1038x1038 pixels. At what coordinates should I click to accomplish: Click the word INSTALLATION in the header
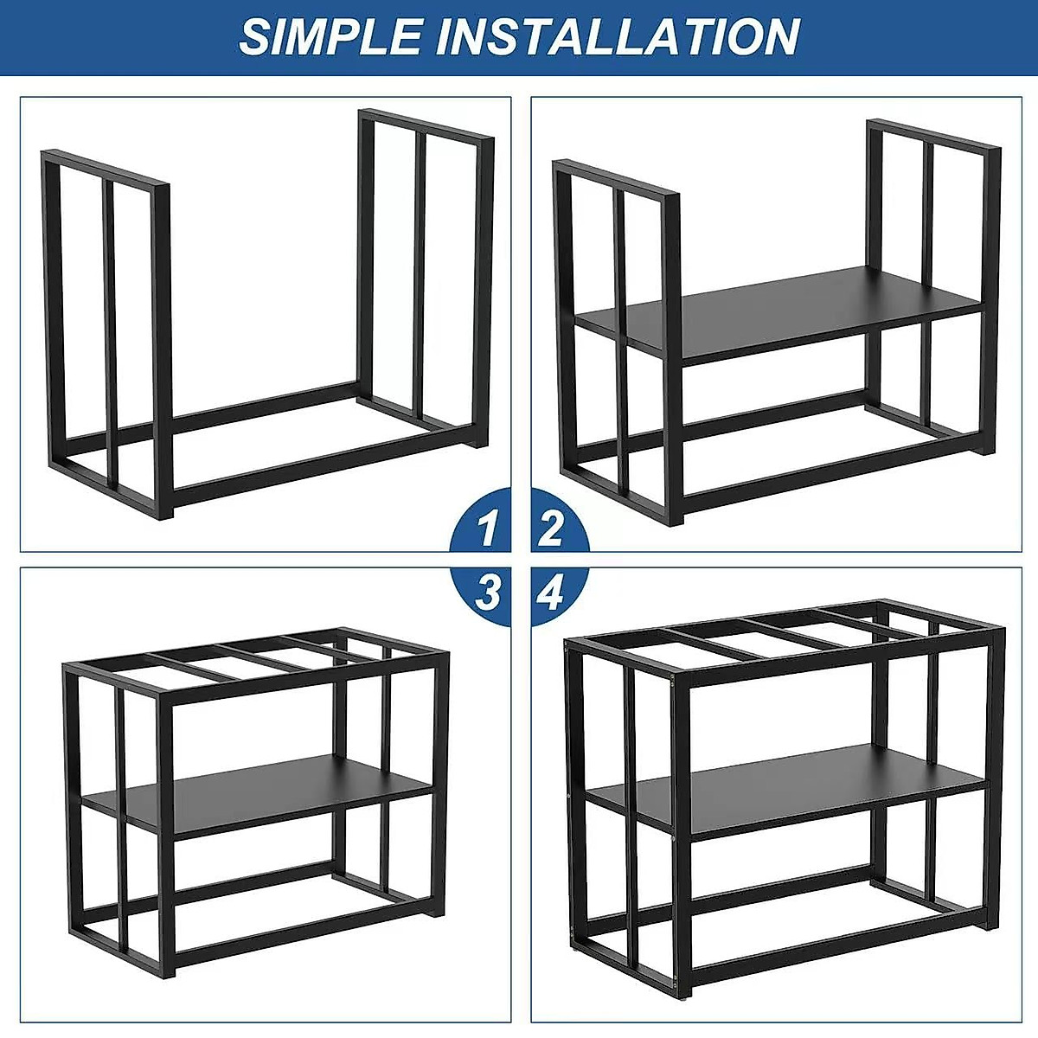618,37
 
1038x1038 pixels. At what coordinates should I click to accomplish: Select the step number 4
551,593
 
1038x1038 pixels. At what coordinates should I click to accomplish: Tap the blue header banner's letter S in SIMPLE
254,37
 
